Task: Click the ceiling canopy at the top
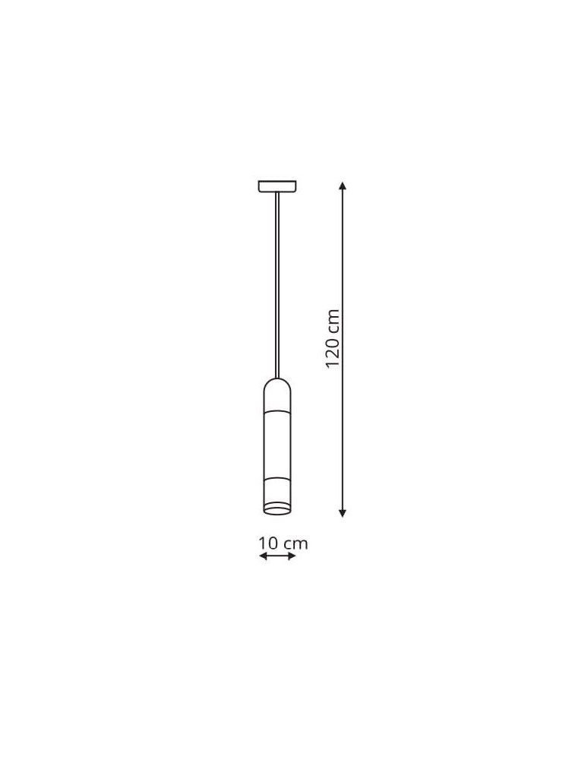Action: [277, 186]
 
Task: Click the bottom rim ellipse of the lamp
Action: [277, 507]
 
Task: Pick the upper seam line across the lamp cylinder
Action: [277, 410]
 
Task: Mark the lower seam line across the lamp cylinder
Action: [277, 479]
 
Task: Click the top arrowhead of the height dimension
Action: [343, 185]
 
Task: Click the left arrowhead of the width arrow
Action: [262, 557]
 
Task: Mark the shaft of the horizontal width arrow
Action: [277, 557]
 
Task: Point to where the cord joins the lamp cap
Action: [277, 378]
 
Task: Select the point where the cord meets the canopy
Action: [277, 193]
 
